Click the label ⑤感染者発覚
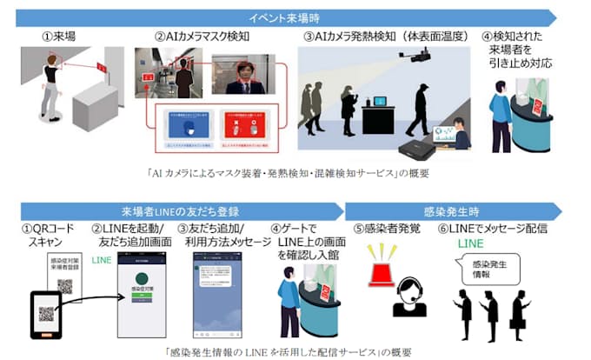390,229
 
